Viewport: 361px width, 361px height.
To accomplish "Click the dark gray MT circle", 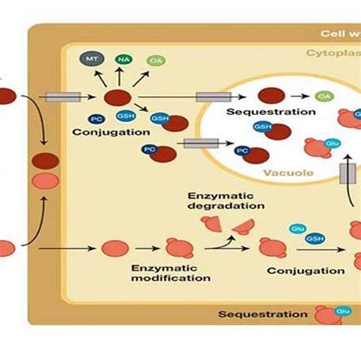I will (x=91, y=59).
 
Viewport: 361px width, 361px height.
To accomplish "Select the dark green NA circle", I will (x=123, y=59).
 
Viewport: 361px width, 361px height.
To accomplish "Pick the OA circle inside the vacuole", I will (x=324, y=96).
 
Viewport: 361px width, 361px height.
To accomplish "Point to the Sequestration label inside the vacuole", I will (x=260, y=112).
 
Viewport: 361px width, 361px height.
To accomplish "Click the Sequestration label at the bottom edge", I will (x=263, y=314).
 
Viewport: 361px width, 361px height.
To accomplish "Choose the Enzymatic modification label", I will (x=170, y=273).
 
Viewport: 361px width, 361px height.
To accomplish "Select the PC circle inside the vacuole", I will (x=241, y=152).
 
